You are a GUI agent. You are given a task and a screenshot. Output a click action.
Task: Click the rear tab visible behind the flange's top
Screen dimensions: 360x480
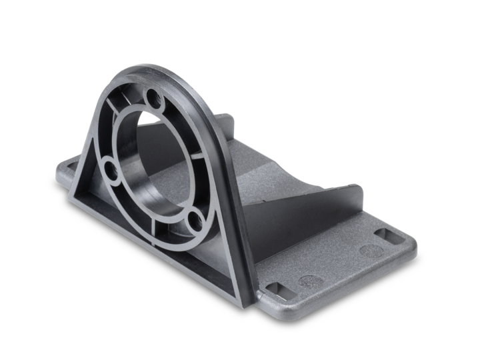tap(227, 123)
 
